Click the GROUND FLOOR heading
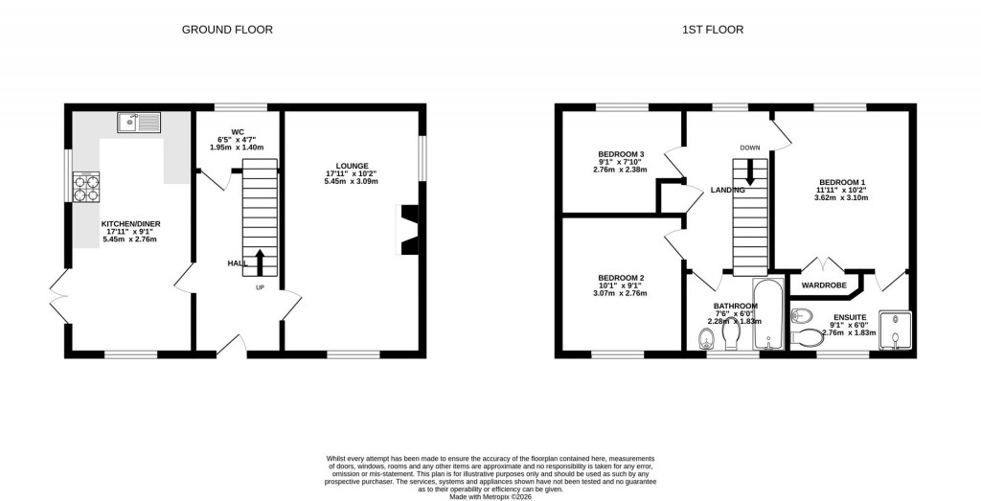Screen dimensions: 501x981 [227, 30]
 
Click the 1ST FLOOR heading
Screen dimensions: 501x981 [712, 30]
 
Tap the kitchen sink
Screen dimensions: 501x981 [140, 122]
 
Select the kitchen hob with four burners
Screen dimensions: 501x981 [86, 186]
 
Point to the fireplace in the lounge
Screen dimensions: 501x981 [408, 230]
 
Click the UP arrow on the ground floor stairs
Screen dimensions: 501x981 [260, 261]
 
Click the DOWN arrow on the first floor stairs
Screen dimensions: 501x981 [750, 171]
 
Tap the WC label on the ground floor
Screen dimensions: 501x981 [238, 131]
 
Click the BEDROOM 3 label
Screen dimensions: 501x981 [621, 154]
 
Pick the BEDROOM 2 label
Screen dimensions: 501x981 [621, 278]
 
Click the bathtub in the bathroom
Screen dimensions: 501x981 [768, 315]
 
